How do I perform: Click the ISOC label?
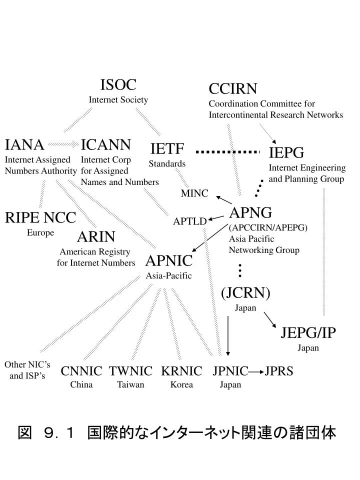pos(118,85)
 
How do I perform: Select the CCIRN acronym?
pos(232,89)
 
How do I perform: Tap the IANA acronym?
pos(24,145)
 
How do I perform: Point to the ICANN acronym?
pos(106,145)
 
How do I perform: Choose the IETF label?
pos(167,148)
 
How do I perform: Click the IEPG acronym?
pos(286,152)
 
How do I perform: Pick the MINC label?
pos(194,193)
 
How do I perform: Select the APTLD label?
pos(190,221)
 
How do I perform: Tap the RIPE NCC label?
pos(40,218)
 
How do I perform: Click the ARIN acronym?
pos(96,236)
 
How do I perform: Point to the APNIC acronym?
pos(169,260)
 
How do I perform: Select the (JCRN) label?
pos(245,293)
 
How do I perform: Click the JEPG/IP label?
pos(308,333)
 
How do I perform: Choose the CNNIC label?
pos(81,371)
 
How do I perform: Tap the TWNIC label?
pos(131,371)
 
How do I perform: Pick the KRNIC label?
pos(181,371)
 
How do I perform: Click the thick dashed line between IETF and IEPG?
pos(229,151)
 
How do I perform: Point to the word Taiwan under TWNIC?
pos(131,384)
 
